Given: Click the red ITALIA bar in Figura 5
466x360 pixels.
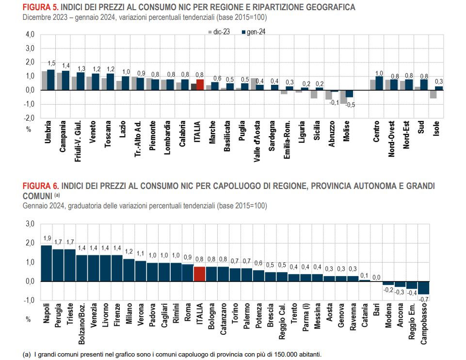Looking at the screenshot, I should click(x=200, y=85).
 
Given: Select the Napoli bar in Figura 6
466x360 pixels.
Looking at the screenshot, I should click(x=46, y=263).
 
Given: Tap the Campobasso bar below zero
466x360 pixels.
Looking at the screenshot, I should click(x=423, y=287).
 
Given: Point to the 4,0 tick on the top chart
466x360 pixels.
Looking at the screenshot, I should click(x=30, y=35).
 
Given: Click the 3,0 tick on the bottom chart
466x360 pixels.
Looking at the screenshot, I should click(x=30, y=224).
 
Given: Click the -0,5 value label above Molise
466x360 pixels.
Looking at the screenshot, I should click(x=350, y=104).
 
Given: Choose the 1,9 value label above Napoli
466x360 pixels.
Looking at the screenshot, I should click(x=47, y=238).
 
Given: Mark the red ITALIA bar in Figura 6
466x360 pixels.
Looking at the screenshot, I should click(x=200, y=274).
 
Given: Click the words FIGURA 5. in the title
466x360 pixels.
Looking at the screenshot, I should click(x=39, y=8).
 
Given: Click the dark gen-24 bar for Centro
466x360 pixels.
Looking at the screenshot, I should click(x=379, y=83).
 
